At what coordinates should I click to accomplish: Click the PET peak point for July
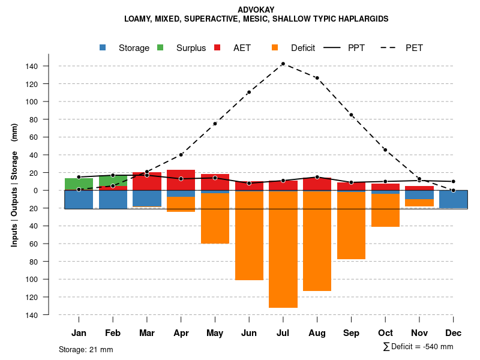pos(283,64)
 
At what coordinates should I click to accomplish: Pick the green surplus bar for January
pos(79,184)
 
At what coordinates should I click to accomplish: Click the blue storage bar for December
pos(454,199)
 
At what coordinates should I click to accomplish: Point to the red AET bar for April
pos(181,183)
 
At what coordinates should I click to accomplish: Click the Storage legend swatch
pos(104,48)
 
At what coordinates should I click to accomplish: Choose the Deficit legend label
pos(303,48)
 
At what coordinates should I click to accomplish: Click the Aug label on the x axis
pos(317,333)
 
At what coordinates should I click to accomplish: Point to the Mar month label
pos(147,333)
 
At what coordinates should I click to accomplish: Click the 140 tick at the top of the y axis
pos(49,66)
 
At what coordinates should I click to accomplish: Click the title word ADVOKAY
pos(256,10)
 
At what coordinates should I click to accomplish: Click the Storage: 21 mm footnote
pos(86,349)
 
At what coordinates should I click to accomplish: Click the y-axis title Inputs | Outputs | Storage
pos(14,185)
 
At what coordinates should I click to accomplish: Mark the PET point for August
pos(317,78)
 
